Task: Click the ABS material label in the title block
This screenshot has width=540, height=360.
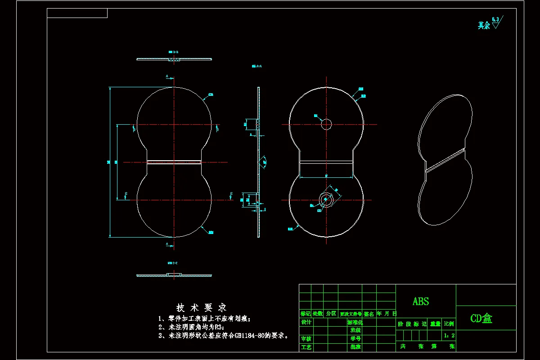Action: click(x=421, y=301)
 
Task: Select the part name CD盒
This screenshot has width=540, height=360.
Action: click(x=481, y=319)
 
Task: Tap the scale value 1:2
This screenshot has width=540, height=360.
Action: click(x=449, y=335)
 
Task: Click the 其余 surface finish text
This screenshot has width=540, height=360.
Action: click(x=484, y=26)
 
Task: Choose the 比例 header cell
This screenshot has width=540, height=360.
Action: click(x=449, y=323)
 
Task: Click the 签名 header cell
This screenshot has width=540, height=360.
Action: click(x=369, y=314)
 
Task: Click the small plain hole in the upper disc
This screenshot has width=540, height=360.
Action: click(x=326, y=124)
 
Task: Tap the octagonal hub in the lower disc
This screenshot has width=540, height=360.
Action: click(x=326, y=199)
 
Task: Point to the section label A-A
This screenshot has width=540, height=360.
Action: click(x=257, y=66)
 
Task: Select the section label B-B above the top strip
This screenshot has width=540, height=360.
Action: click(x=173, y=53)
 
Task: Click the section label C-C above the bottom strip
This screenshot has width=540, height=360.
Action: click(x=173, y=263)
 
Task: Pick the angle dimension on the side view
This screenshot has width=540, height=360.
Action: click(x=265, y=161)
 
